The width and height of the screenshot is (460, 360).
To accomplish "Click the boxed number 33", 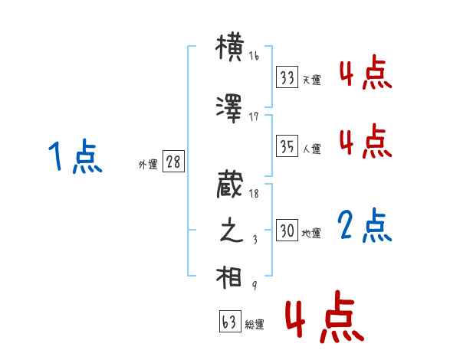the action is [x=287, y=78].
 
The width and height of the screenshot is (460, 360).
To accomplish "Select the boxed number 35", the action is [x=287, y=146].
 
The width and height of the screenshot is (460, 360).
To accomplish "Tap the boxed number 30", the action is [x=287, y=231].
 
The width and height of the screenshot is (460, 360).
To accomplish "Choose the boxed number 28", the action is [x=173, y=162].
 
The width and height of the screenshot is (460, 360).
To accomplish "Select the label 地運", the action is [x=311, y=233].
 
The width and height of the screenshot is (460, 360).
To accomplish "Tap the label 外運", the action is [x=148, y=164].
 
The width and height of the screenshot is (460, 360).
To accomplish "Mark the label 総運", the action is [x=255, y=325].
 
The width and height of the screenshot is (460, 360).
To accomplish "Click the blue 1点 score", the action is [x=74, y=158].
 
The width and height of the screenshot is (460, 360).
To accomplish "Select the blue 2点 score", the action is [x=365, y=225].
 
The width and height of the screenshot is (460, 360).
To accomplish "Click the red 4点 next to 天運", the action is [x=365, y=74].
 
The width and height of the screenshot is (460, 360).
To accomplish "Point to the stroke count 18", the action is [x=254, y=195].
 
